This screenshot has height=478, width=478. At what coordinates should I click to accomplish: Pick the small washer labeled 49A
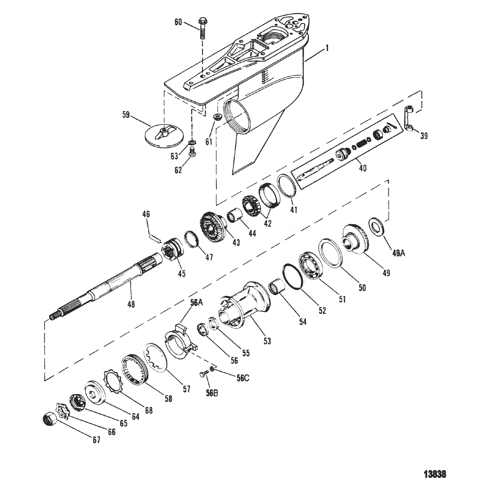click(377, 226)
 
